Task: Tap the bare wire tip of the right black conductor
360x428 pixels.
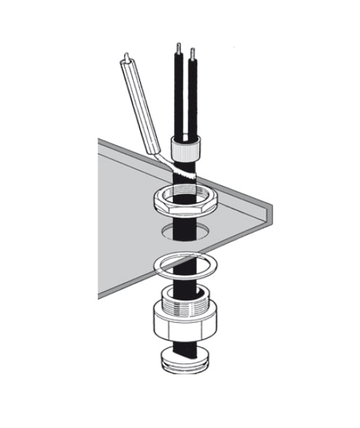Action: coord(192,54)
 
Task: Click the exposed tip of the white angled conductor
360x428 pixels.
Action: coord(128,56)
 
